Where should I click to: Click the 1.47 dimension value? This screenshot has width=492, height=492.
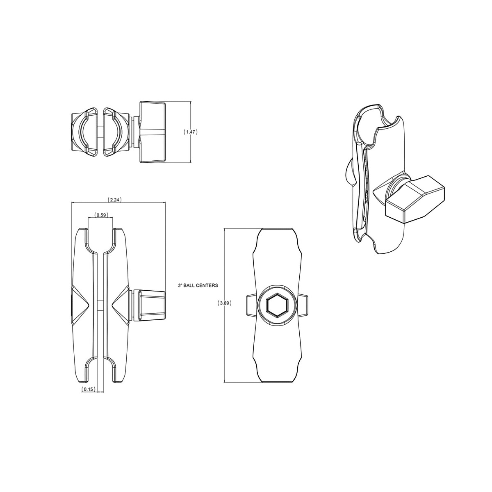[191, 132]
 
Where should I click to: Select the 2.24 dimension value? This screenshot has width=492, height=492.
[114, 200]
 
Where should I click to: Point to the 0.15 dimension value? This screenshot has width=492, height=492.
[89, 396]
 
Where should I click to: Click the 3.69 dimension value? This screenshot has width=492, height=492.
[224, 303]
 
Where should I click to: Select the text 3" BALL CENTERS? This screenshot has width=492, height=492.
[198, 285]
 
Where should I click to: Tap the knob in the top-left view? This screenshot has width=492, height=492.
[153, 132]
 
